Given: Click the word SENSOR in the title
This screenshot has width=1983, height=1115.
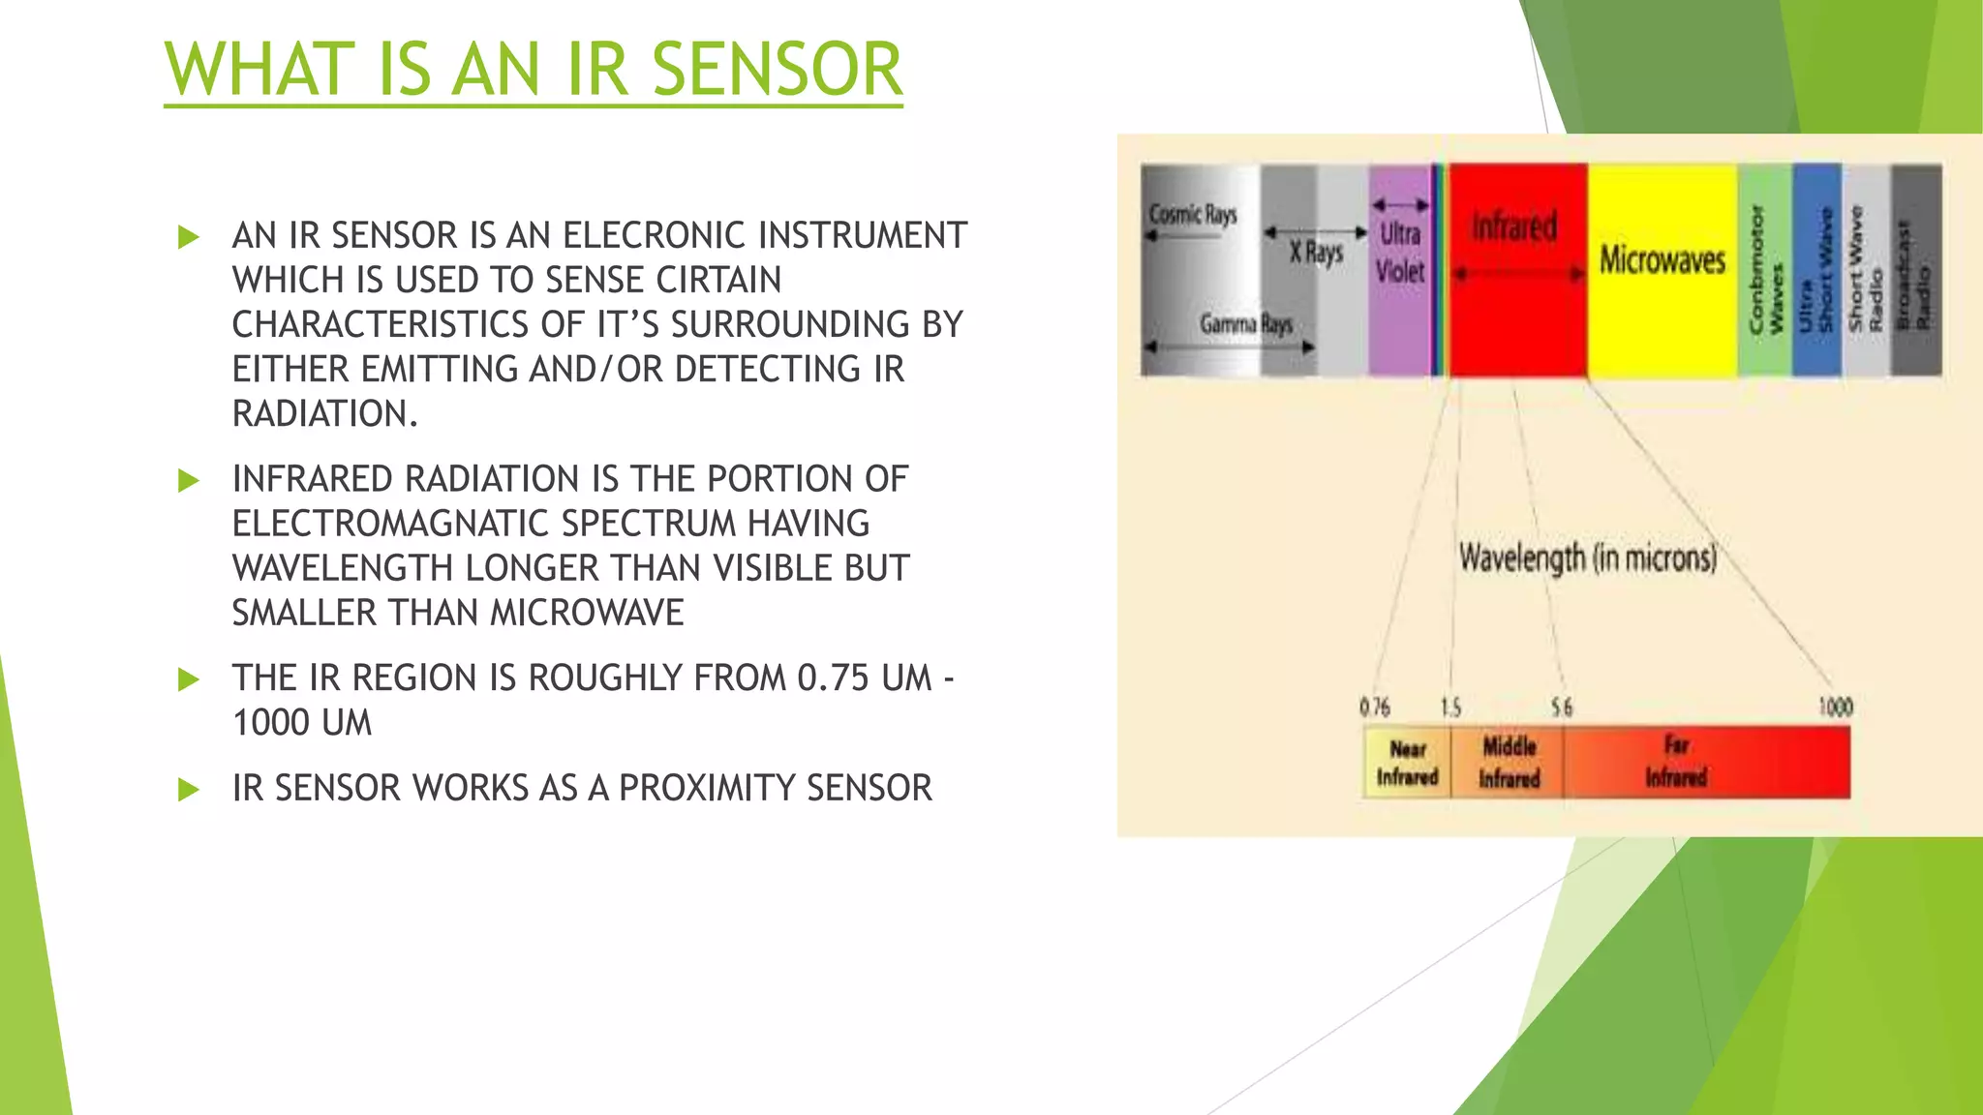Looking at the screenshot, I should click(777, 70).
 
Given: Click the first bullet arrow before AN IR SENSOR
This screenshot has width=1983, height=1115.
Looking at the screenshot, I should click(189, 237).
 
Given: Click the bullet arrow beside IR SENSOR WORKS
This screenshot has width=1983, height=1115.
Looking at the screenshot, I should click(189, 790).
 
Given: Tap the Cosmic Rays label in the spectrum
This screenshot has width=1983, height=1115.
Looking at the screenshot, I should click(1193, 214).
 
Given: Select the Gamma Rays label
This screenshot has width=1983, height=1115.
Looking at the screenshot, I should click(1246, 323).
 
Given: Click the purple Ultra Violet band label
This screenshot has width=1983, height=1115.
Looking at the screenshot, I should click(1400, 253).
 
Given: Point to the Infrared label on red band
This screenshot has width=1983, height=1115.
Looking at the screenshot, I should click(1514, 226).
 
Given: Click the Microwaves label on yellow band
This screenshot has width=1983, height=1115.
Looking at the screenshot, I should click(1662, 259).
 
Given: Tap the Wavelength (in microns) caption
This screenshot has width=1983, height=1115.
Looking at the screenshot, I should click(1588, 558).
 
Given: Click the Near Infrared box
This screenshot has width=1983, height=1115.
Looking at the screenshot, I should click(1407, 763).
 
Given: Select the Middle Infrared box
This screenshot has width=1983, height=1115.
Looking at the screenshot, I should click(1509, 763).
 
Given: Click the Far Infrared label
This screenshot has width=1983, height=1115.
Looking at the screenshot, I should click(1676, 762).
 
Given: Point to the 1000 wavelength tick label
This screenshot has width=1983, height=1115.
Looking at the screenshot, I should click(1835, 708).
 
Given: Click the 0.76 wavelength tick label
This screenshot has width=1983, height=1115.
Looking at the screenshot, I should click(1374, 708).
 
